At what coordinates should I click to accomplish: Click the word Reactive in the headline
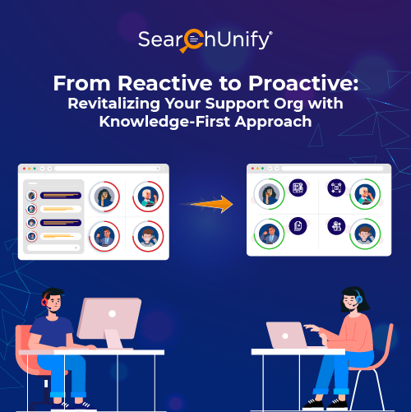(x=150, y=83)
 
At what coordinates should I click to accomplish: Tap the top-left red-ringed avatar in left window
(x=104, y=197)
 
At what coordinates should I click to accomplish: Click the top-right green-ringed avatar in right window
(x=364, y=194)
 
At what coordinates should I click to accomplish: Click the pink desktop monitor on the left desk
(x=109, y=320)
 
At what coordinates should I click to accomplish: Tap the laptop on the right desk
(x=287, y=335)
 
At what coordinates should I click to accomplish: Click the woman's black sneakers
(x=316, y=403)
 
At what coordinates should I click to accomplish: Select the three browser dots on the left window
(x=26, y=169)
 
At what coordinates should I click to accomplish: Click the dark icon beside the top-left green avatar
(x=298, y=188)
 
